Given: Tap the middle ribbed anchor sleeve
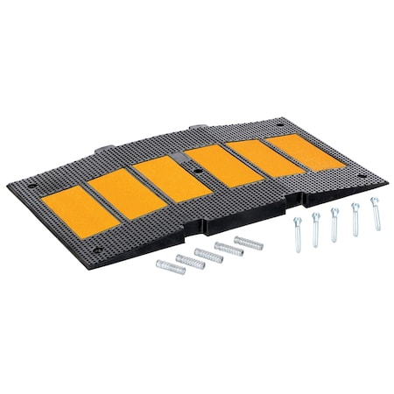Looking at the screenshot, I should tap(208, 254).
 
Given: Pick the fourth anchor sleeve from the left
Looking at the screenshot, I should tap(229, 248).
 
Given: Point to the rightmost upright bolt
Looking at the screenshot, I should tap(376, 214).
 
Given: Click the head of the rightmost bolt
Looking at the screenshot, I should tap(373, 200).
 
